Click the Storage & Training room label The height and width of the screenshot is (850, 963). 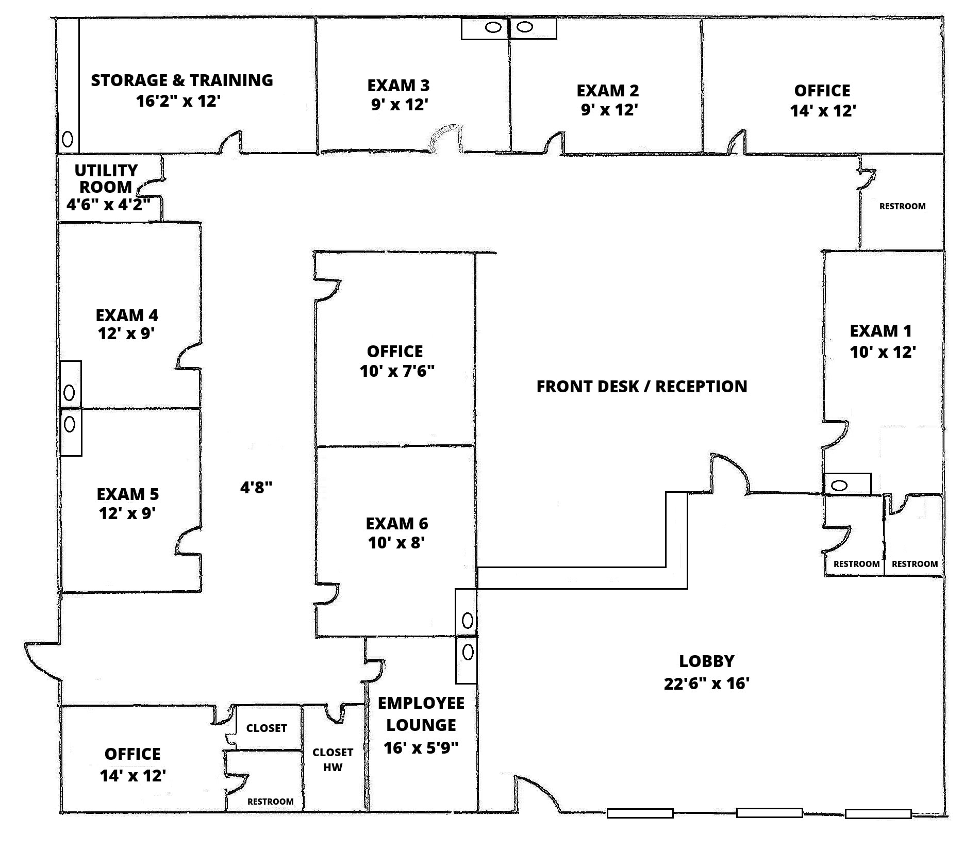pos(182,80)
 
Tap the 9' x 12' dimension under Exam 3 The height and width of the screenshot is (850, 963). pos(400,105)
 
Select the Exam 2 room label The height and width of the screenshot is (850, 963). pos(607,91)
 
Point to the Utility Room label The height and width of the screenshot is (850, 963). pos(106,178)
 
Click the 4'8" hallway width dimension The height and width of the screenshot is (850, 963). pos(256,487)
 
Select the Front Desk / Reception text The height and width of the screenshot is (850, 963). pos(641,387)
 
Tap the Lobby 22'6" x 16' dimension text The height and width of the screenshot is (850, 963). pos(706,684)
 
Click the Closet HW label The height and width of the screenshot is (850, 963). pos(333,759)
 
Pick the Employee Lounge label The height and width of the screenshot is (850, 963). pos(421,714)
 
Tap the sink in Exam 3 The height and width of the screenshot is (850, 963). pos(493,27)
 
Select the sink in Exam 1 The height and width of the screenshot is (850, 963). pos(839,485)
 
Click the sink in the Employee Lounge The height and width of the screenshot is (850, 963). pos(468,652)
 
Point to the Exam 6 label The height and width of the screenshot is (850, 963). pos(396,524)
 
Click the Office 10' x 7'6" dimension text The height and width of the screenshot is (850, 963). pos(397,371)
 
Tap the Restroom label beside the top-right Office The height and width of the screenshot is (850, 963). pos(902,206)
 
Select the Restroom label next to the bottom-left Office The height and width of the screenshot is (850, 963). pos(270,802)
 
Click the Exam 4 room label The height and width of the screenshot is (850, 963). pos(127,315)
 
